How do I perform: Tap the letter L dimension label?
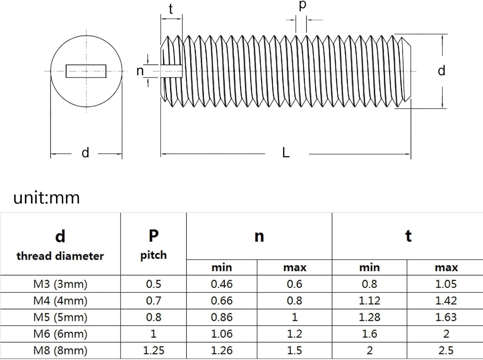[x=286, y=153]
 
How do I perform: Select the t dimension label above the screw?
[x=171, y=9]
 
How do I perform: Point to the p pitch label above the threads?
[x=303, y=5]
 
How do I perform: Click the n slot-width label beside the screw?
[x=140, y=71]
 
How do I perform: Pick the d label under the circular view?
[x=85, y=153]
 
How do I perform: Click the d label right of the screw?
[x=441, y=71]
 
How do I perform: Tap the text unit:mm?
[x=46, y=198]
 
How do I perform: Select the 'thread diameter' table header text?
[x=60, y=256]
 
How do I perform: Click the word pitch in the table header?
[x=154, y=256]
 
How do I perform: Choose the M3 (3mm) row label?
[x=60, y=284]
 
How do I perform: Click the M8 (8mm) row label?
[x=60, y=351]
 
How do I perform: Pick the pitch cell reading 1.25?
[x=154, y=351]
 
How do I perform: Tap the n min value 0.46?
[x=222, y=284]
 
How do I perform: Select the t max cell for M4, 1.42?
[x=446, y=300]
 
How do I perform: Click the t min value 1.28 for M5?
[x=369, y=317]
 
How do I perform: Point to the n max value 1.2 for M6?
[x=294, y=334]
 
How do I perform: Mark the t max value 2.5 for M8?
[x=446, y=351]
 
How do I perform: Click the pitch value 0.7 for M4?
[x=154, y=300]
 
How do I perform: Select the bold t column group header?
[x=408, y=236]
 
